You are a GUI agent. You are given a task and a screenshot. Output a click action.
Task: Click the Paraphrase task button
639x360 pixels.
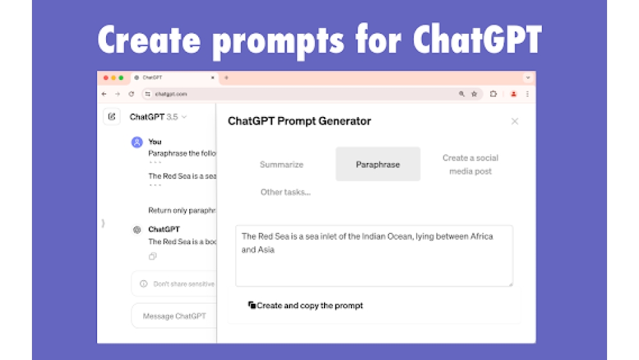[x=378, y=164]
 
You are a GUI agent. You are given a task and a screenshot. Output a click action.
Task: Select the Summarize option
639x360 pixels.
[x=281, y=164]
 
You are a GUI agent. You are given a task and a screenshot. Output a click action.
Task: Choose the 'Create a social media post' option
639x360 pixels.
[x=470, y=164]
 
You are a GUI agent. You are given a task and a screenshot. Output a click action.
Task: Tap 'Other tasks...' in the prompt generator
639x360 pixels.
[x=285, y=192]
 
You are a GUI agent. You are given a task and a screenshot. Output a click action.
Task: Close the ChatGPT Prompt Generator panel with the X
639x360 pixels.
[x=514, y=121]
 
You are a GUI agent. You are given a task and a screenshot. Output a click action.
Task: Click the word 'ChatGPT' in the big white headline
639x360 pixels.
[x=477, y=40]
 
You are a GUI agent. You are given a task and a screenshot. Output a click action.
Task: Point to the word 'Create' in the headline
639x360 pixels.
[x=149, y=40]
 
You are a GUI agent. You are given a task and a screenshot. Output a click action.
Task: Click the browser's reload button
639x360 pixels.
[x=132, y=94]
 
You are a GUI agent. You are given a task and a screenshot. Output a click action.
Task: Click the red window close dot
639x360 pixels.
[x=105, y=77]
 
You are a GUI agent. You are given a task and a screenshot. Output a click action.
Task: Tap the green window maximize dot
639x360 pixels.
[x=121, y=77]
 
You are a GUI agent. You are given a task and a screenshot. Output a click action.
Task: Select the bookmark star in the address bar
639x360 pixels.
[x=474, y=94]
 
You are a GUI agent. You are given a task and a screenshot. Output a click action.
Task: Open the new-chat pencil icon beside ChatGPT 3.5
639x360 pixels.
[x=112, y=116]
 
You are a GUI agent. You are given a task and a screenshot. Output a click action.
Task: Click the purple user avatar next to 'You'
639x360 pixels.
[x=137, y=142]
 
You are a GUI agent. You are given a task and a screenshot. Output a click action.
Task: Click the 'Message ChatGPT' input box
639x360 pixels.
[x=174, y=316]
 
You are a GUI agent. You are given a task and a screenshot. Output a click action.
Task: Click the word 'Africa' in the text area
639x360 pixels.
[x=481, y=236]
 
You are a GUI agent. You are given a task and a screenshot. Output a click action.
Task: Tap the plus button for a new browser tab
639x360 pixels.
[x=226, y=77]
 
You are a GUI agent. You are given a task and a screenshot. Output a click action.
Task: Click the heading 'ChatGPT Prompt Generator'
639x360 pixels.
[x=299, y=121]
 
